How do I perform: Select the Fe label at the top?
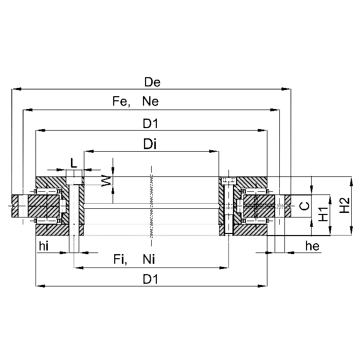pyautogui.click(x=120, y=102)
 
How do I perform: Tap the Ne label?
pyautogui.click(x=150, y=102)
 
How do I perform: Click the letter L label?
pyautogui.click(x=74, y=164)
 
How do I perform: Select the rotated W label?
pyautogui.click(x=106, y=182)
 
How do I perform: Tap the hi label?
pyautogui.click(x=44, y=247)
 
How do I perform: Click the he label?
pyautogui.click(x=312, y=247)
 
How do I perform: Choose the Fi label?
pyautogui.click(x=120, y=261)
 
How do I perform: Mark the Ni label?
pyautogui.click(x=150, y=261)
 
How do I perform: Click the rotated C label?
pyautogui.click(x=304, y=206)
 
